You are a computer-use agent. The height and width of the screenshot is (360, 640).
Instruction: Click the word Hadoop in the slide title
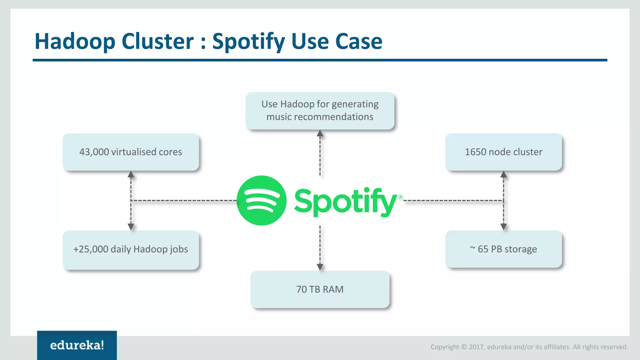click(75, 41)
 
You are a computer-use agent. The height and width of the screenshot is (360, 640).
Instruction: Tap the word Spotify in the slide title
click(248, 42)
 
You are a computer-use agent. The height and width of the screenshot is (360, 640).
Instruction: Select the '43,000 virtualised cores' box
click(131, 152)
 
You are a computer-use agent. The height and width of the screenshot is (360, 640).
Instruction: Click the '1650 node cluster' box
click(503, 152)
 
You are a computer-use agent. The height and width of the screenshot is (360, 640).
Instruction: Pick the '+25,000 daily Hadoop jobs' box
click(131, 249)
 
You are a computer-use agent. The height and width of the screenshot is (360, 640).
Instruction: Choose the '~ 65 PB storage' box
click(503, 249)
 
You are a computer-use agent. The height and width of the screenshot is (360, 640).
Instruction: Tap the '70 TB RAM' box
click(320, 289)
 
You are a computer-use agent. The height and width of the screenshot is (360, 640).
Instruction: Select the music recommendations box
click(320, 111)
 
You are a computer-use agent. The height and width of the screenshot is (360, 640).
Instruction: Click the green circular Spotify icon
click(262, 200)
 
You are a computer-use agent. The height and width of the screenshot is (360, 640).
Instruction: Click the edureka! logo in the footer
click(77, 345)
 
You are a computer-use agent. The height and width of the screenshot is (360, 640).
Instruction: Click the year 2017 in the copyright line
click(476, 347)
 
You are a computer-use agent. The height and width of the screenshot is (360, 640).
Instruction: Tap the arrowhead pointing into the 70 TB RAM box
click(320, 267)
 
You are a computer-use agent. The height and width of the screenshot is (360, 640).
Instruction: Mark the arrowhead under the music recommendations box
click(320, 134)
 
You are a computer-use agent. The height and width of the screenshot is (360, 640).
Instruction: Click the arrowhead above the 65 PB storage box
click(503, 227)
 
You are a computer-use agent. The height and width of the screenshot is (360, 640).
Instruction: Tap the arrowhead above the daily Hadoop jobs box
click(131, 227)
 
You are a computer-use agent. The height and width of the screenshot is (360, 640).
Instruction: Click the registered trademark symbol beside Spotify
click(400, 197)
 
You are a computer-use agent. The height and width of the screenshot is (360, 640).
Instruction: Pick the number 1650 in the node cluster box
click(475, 152)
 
